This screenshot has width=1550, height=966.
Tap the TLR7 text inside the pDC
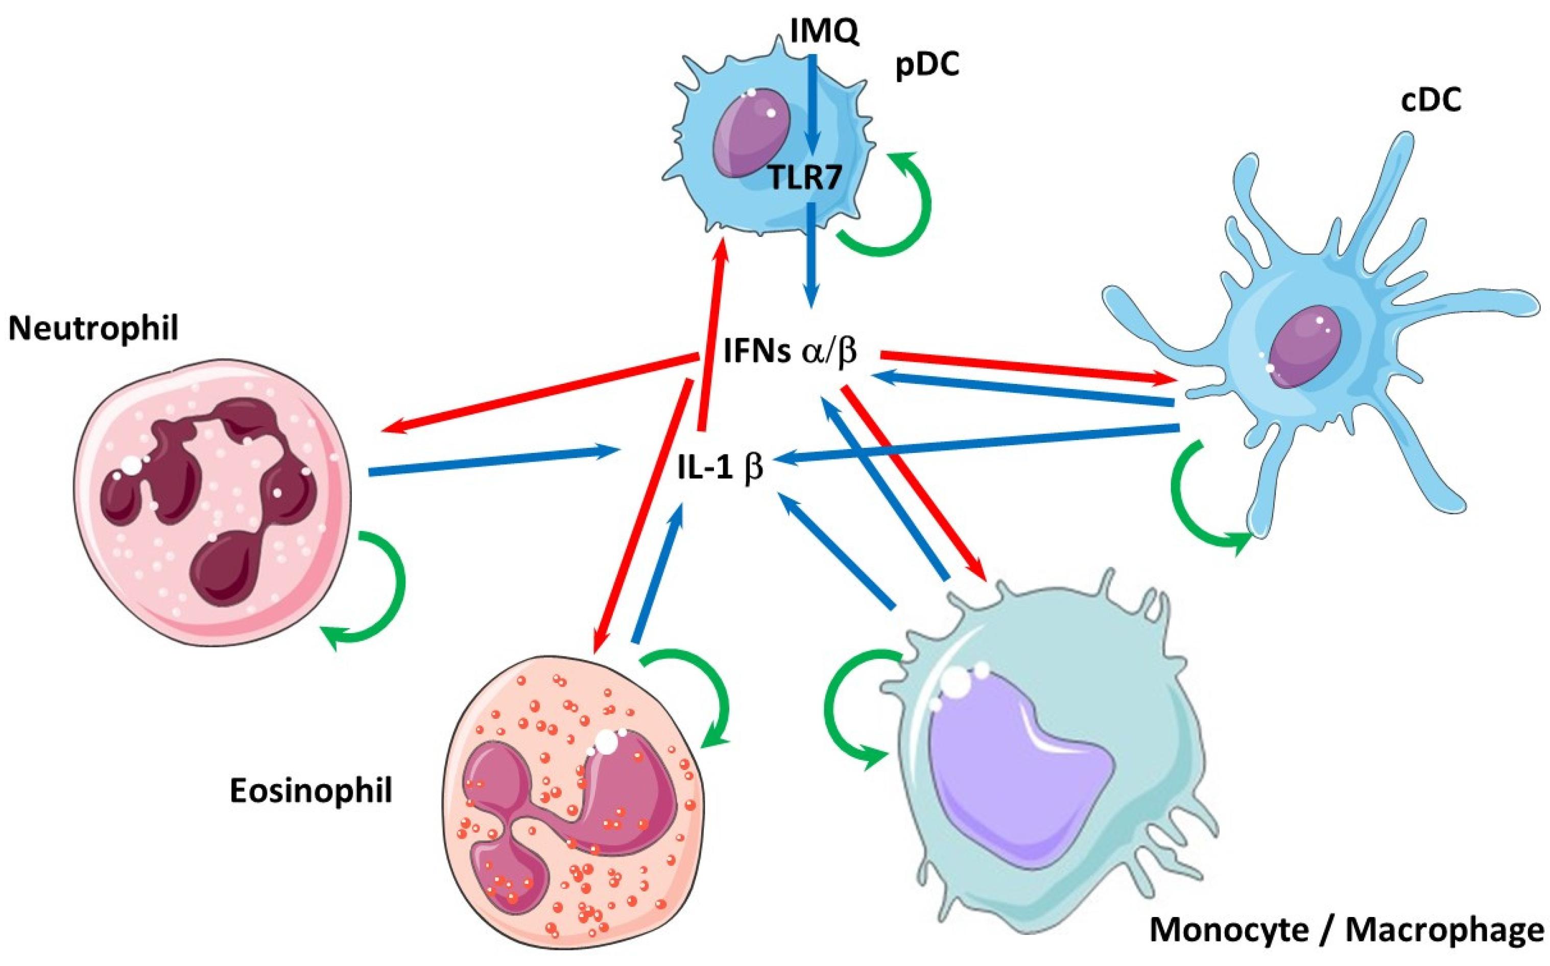pyautogui.click(x=803, y=178)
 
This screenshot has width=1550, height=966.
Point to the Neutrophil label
pyautogui.click(x=93, y=330)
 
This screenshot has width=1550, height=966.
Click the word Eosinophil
pyautogui.click(x=311, y=791)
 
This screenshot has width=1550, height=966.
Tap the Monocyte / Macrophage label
pyautogui.click(x=1347, y=930)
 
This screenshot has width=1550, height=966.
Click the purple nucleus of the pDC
pyautogui.click(x=752, y=133)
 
